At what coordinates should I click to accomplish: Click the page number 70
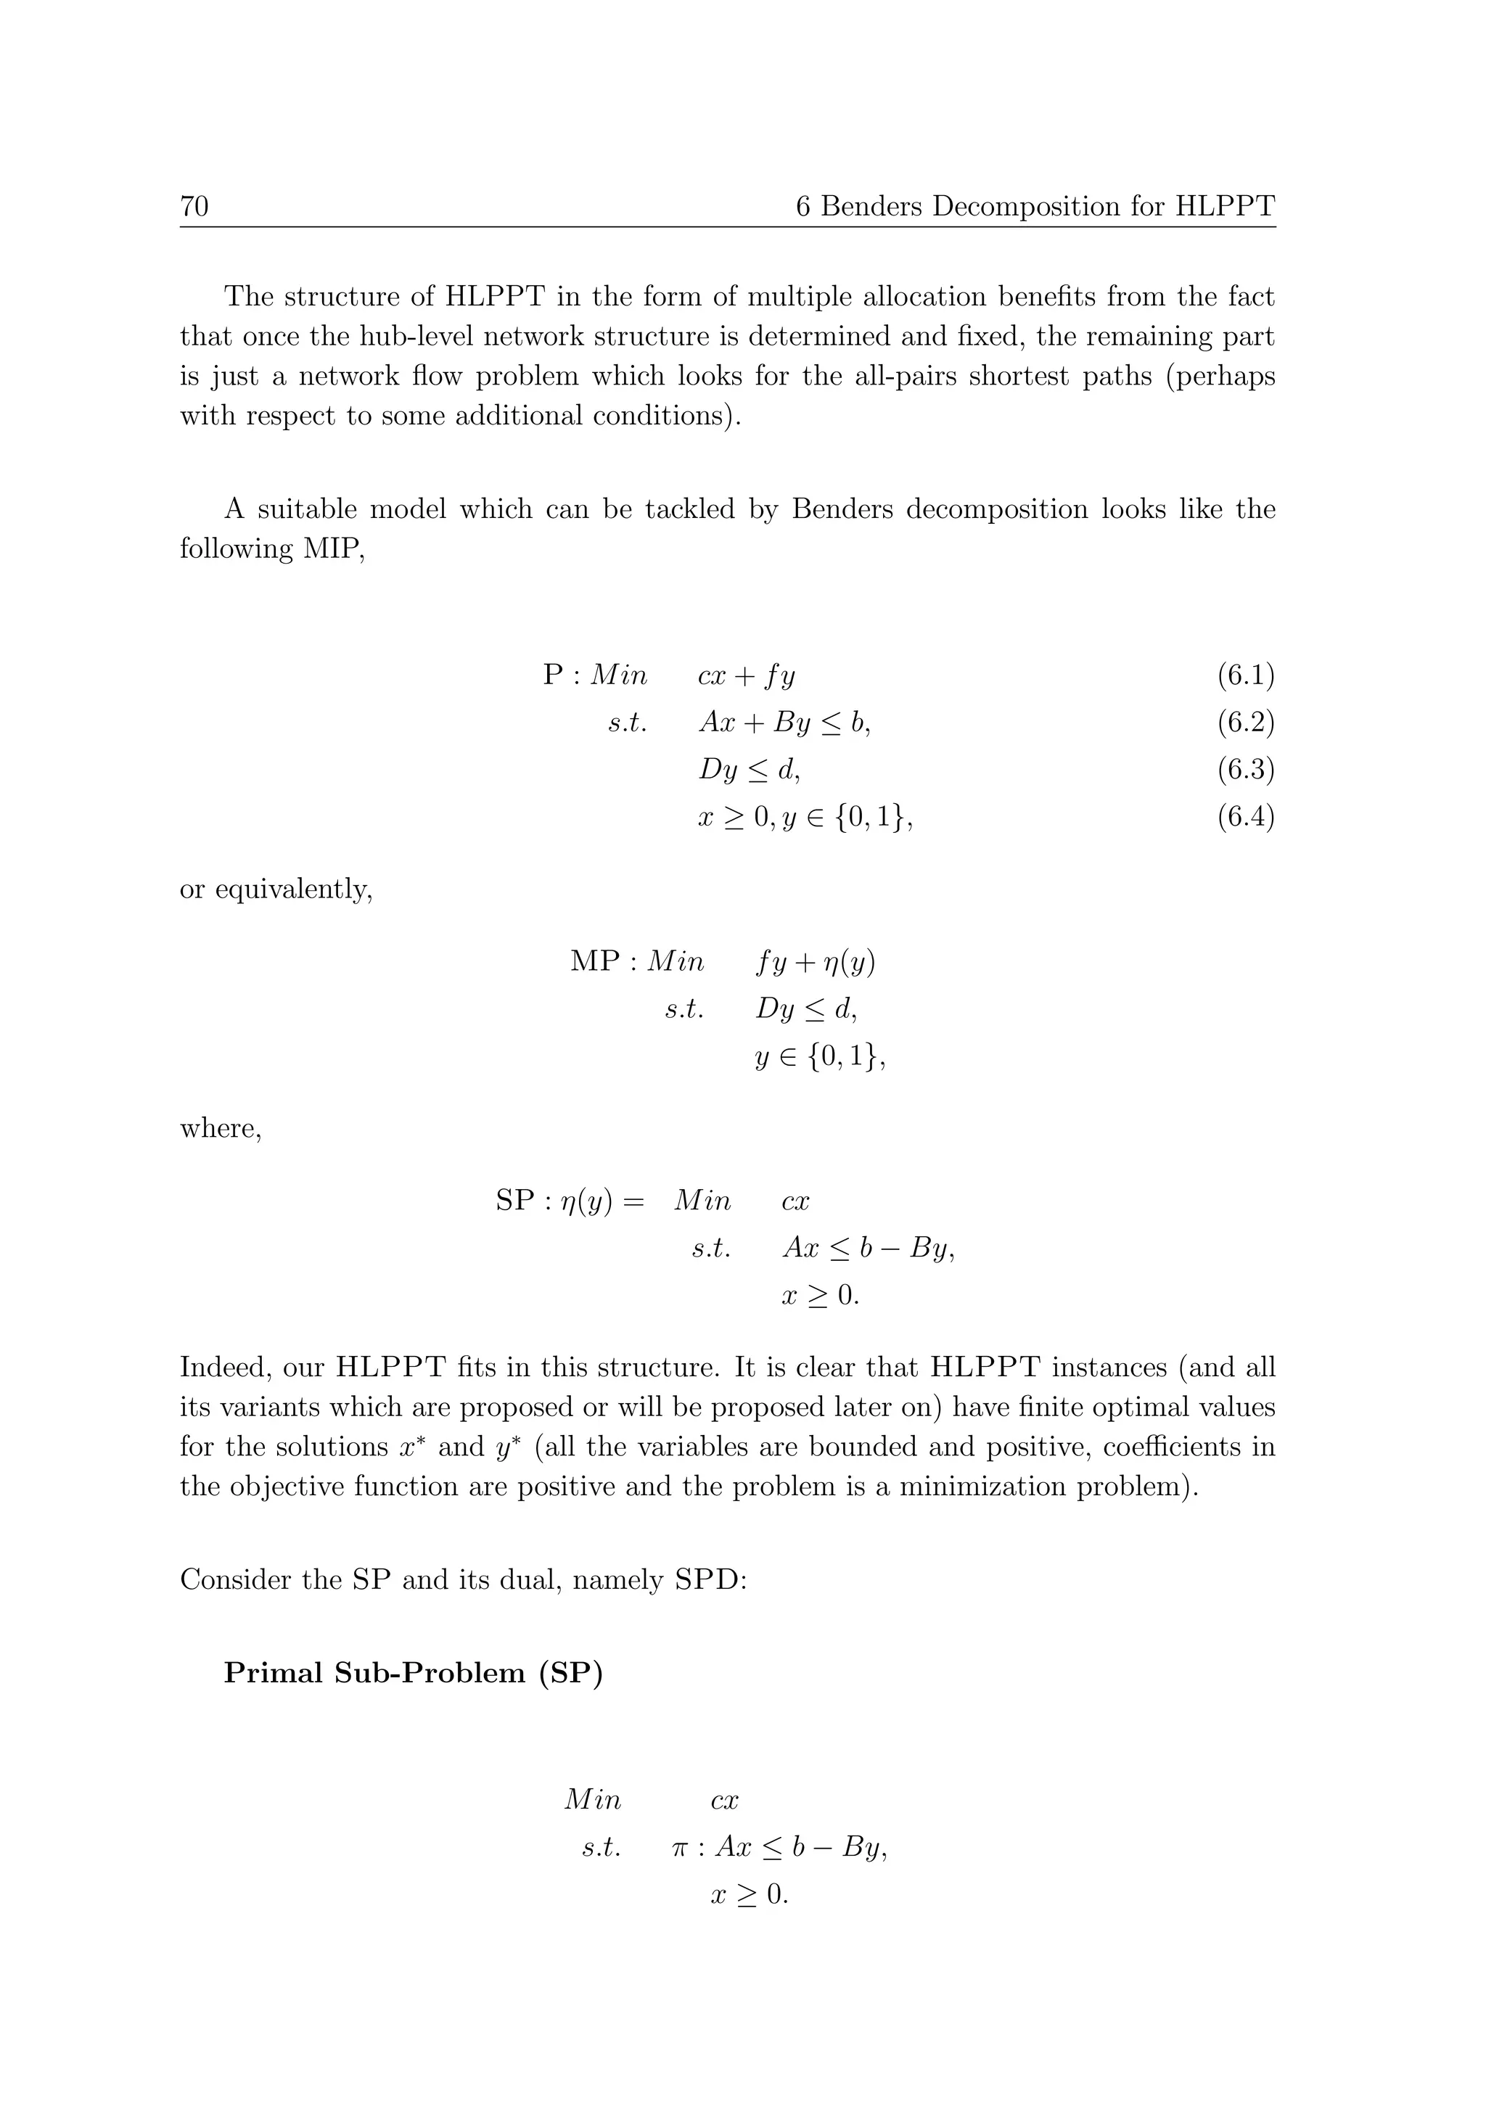pos(194,207)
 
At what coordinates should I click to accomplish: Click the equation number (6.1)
pos(1245,676)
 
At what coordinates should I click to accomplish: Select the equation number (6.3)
pos(1245,770)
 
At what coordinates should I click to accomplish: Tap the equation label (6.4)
pos(1245,816)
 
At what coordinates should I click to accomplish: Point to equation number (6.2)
pos(1245,723)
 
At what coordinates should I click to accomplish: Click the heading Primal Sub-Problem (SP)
pos(414,1673)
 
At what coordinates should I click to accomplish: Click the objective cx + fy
pos(746,677)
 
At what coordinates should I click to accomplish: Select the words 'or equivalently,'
pos(276,889)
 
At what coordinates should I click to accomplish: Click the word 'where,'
pos(221,1129)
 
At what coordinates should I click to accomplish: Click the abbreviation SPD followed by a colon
pos(709,1580)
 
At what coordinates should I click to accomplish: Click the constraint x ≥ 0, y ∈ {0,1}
pos(805,817)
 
